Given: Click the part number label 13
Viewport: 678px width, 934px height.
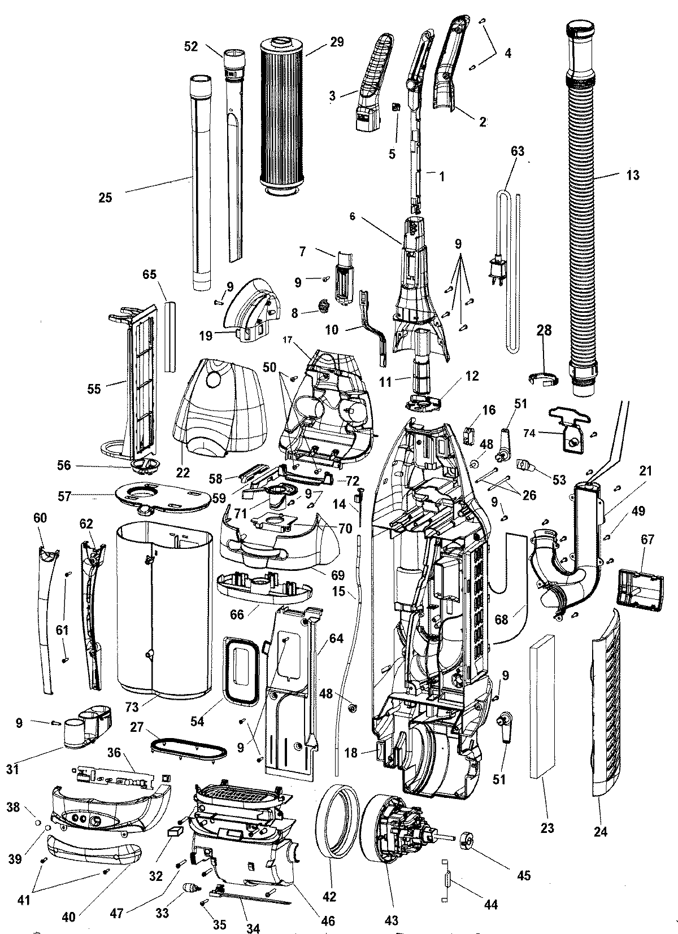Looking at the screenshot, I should pyautogui.click(x=633, y=175).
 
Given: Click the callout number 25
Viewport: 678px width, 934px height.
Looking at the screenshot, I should pyautogui.click(x=105, y=197).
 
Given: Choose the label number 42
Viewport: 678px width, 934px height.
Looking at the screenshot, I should pyautogui.click(x=329, y=896).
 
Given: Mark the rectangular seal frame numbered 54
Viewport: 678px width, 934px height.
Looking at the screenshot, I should pyautogui.click(x=244, y=670).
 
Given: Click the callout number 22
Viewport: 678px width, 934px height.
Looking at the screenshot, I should pyautogui.click(x=182, y=472).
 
